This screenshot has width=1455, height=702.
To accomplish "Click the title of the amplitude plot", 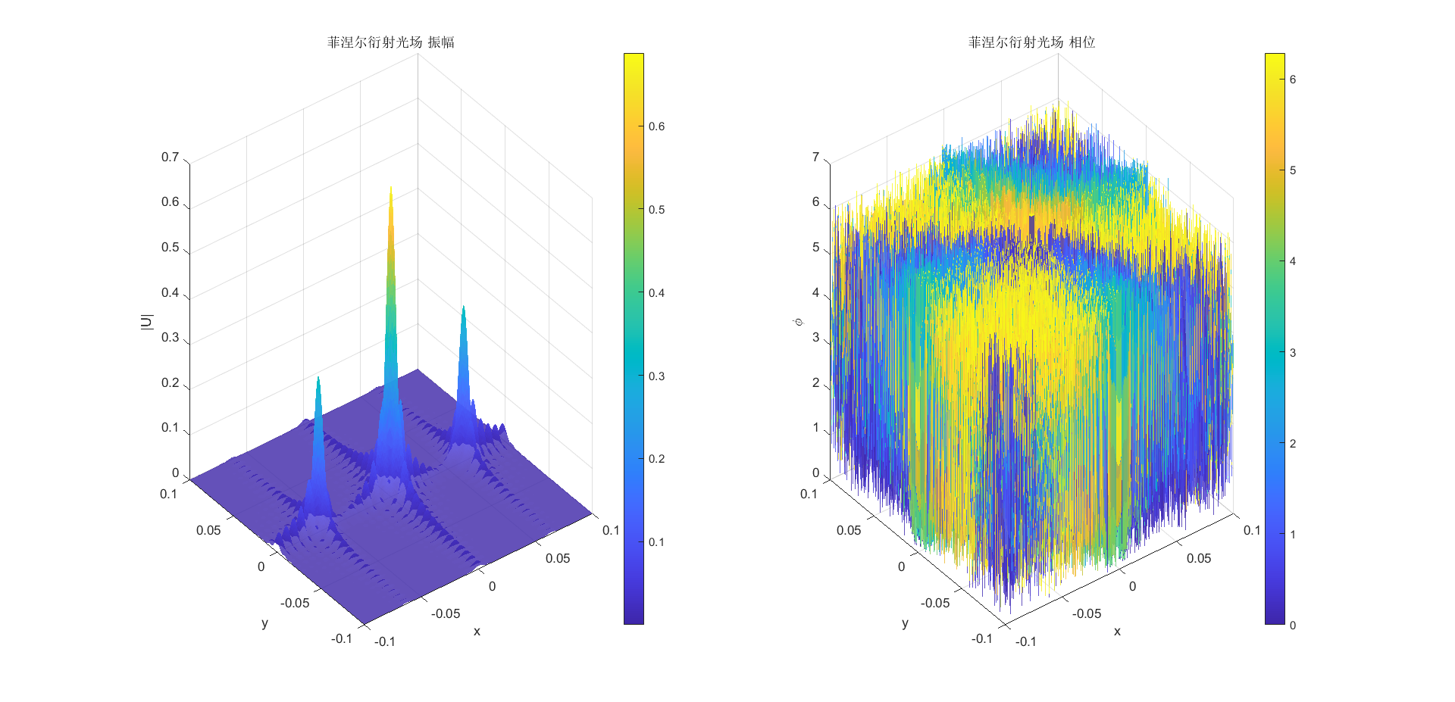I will pos(390,42).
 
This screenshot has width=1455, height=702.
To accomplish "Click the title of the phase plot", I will pos(1031,42).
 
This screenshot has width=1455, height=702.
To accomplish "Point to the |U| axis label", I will pos(147,322).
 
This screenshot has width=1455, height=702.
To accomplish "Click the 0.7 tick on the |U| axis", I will pos(170,158).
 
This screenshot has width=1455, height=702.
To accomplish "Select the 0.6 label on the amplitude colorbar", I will pos(656,126).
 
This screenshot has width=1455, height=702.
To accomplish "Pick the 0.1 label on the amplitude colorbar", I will pos(656,542).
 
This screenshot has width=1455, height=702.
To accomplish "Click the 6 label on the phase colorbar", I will pos(1293,80).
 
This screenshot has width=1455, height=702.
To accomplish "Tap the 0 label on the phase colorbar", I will pos(1293,625).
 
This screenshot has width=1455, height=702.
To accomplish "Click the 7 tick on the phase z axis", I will pos(815,158).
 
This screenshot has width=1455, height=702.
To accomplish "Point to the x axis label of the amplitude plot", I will pos(477,631).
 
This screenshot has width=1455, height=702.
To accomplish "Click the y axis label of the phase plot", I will pos(905,623).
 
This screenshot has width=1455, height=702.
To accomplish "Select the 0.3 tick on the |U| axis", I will pos(170,338).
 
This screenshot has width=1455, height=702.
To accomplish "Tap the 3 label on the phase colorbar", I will pos(1293,353).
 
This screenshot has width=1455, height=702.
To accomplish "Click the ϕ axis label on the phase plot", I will pos(797,323).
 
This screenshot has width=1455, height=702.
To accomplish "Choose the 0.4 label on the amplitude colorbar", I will pos(656,293).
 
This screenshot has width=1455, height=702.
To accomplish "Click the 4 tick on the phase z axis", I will pos(815,292).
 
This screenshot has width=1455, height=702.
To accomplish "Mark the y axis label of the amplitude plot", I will pos(264,623).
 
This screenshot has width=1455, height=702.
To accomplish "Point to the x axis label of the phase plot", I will pos(1117,631).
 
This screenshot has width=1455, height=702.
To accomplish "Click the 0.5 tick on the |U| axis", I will pos(170,248).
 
